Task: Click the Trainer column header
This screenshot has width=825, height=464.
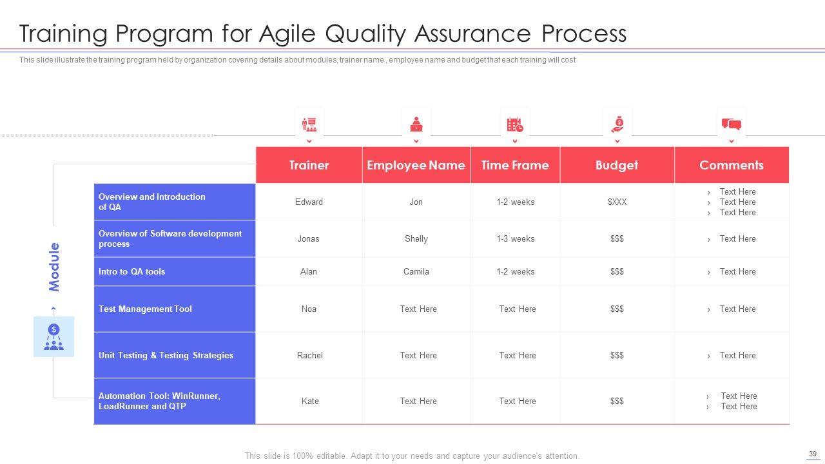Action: coord(309,165)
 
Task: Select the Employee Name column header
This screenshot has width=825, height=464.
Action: coord(416,166)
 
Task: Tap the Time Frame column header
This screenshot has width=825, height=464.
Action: coord(515,165)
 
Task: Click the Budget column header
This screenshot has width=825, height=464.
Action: coord(617,166)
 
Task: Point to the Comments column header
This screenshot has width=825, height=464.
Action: coord(732,165)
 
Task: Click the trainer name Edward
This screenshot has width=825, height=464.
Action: coord(309,202)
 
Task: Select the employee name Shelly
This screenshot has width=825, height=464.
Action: coord(416,239)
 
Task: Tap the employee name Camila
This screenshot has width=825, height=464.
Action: coord(416,271)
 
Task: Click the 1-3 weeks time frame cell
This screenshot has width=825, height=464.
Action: coord(515,238)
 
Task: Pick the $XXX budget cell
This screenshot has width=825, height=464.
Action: coord(617,202)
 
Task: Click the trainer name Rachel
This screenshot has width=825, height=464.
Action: coord(310,355)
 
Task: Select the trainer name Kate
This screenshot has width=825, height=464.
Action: coord(310,401)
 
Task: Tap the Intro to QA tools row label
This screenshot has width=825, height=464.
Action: coord(131,271)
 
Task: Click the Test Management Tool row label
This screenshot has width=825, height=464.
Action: coord(145,309)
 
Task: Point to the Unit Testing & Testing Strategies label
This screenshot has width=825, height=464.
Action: coord(166,355)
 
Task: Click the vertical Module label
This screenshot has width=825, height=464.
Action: coord(54,267)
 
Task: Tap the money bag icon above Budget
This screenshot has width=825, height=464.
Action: coord(617,124)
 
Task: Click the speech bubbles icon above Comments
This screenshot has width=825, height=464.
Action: coord(732,124)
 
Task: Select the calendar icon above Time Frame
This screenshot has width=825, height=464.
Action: coord(515,124)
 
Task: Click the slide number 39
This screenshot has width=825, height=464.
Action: coord(813,454)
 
